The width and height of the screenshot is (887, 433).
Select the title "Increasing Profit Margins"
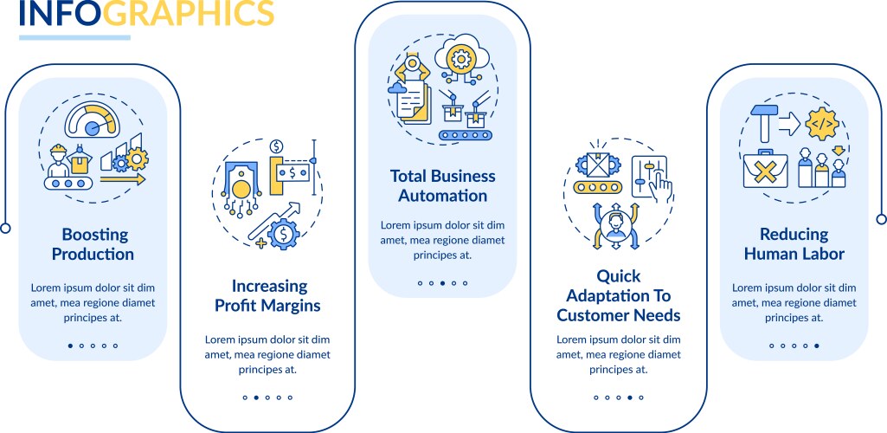267,295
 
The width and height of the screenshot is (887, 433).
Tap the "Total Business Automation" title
443,186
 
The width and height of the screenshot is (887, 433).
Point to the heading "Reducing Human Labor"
794,244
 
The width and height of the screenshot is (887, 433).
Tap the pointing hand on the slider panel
660,185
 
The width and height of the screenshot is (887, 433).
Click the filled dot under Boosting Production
70,346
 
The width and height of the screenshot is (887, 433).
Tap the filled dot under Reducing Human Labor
816,346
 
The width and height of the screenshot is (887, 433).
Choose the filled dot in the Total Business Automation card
442,283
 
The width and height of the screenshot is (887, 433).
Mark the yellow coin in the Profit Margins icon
240,189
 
